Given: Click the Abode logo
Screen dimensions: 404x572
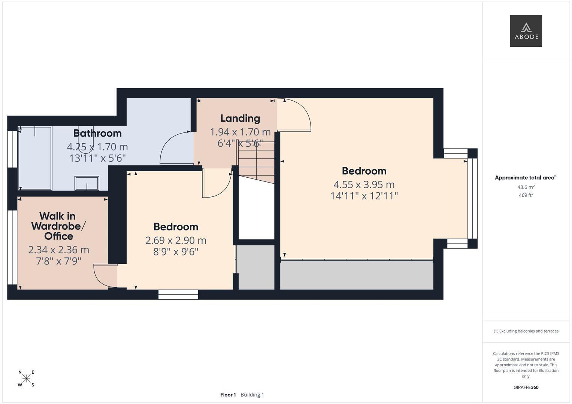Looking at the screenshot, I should pos(526,31).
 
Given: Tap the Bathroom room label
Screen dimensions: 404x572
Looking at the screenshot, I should pos(97,133).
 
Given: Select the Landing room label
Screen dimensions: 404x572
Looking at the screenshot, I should pos(240,118).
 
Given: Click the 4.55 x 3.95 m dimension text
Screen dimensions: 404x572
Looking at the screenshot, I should pos(364,184).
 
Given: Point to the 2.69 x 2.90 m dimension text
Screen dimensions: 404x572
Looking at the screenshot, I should pos(176,240).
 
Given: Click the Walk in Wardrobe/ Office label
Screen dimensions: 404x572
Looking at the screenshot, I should pos(58,226).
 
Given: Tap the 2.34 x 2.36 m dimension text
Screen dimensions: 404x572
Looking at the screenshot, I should pos(58,250).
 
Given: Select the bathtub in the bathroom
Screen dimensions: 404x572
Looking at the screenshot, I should pos(35,158).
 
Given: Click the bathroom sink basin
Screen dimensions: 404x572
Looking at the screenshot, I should pos(87,183).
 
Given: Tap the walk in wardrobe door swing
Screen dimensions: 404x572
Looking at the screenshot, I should pos(105,276).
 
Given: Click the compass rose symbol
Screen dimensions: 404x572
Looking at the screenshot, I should pos(26,379).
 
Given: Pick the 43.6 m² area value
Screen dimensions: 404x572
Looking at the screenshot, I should pos(526,187).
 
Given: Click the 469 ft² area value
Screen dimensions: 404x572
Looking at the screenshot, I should pos(526,195).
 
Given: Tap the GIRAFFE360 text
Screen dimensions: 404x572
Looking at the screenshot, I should pos(526,387).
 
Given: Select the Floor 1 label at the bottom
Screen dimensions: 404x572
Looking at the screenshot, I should pos(228,395).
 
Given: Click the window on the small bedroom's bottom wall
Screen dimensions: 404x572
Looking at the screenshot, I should pos(178,295).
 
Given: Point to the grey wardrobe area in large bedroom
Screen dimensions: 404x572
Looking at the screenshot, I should pos(357,275).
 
